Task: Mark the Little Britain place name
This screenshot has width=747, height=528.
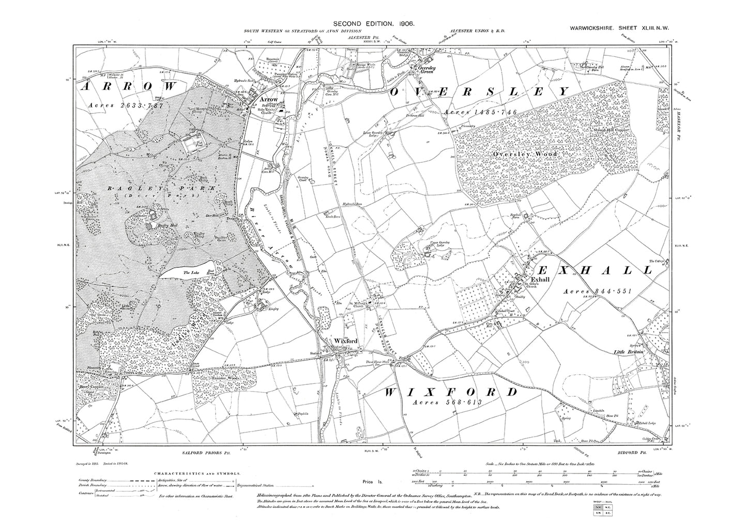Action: (628, 352)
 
